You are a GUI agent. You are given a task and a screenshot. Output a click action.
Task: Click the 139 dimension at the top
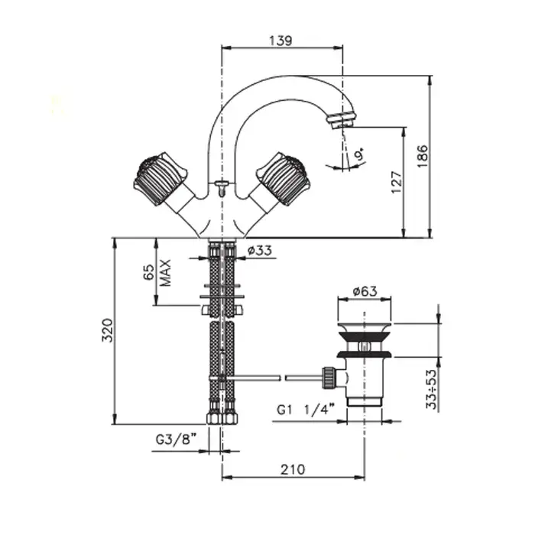(281, 41)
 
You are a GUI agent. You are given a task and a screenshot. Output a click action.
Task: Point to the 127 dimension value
(397, 182)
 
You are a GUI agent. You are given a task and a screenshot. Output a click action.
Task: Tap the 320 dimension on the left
(108, 330)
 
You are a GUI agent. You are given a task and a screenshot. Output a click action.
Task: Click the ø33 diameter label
(260, 250)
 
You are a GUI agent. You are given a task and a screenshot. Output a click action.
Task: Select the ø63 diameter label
(366, 290)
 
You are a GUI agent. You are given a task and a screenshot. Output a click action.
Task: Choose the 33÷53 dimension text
(432, 389)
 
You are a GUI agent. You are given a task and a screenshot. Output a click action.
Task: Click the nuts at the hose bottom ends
(221, 419)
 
